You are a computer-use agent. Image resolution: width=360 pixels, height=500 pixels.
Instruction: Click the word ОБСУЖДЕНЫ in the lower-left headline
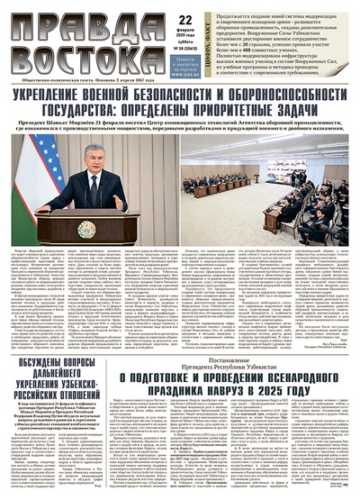[41, 363]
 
